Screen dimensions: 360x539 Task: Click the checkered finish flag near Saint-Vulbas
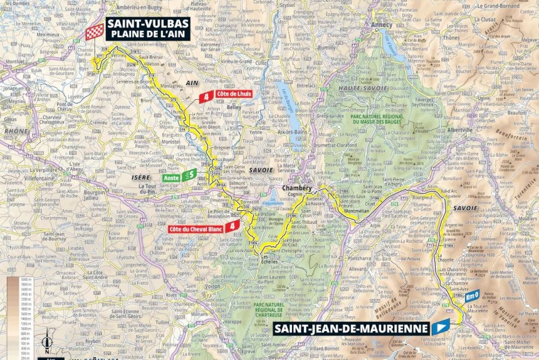pos(94,32)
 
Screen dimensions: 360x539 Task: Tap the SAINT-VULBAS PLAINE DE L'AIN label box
pos(148,28)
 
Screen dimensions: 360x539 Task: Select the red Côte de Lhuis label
pos(233,94)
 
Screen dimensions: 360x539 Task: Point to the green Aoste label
pos(171,178)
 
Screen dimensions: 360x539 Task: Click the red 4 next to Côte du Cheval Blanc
pos(231,226)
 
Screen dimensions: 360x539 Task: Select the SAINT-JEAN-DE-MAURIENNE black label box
pos(351,329)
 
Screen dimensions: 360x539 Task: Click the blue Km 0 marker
pos(472,296)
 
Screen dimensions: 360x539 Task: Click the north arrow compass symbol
pos(47,341)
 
